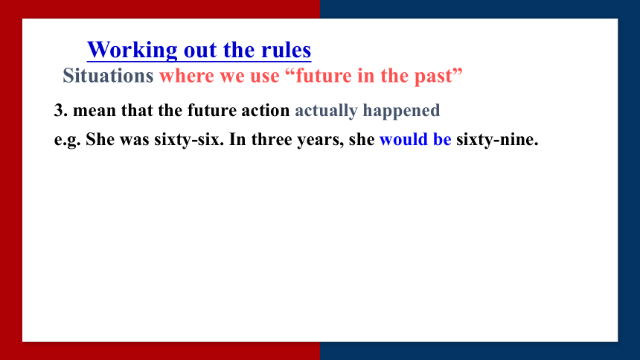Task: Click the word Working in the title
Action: coord(132,51)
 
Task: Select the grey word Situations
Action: coord(108,76)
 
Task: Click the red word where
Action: coord(187,76)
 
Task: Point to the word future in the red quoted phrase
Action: coord(324,76)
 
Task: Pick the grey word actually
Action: coord(326,111)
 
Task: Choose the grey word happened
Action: coord(401,111)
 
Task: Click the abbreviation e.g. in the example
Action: coord(67,140)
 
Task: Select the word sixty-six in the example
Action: coord(188,140)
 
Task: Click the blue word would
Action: coord(403,139)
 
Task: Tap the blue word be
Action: coord(442,139)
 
